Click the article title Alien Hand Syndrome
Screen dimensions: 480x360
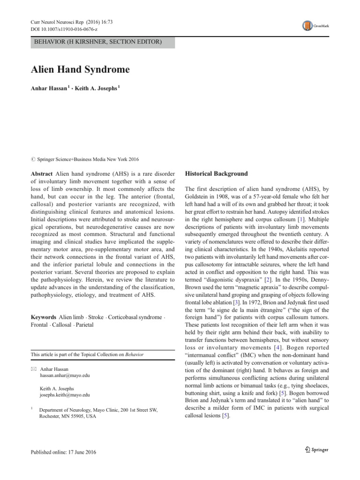click(x=80, y=70)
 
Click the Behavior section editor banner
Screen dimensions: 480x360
click(x=98, y=43)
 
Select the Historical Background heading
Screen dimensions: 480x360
click(x=217, y=173)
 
